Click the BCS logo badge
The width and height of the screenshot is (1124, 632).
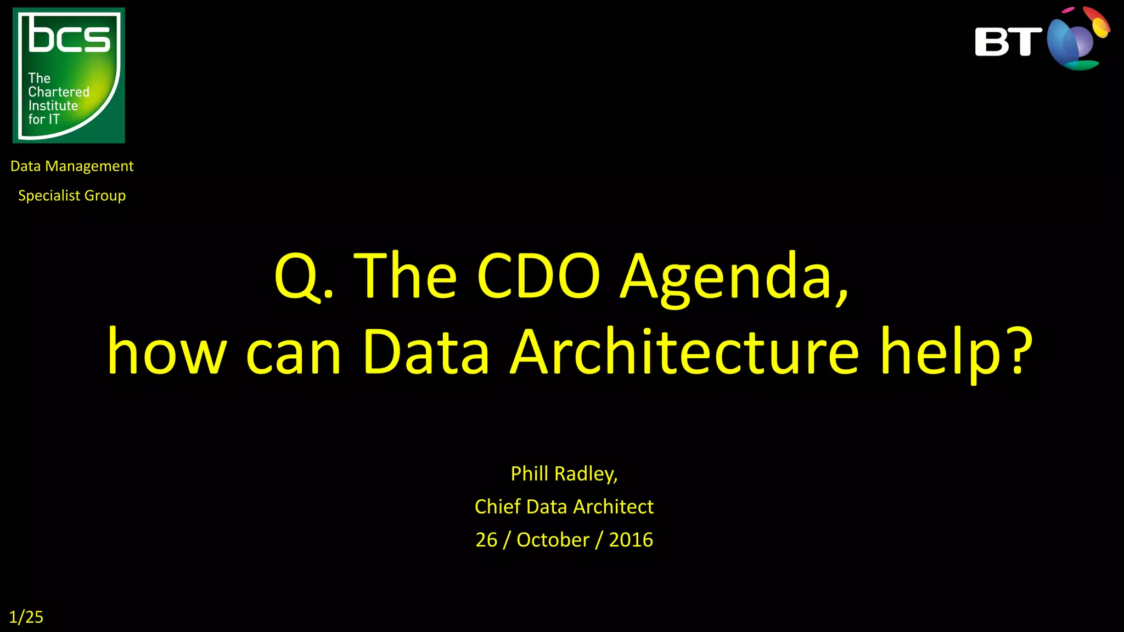point(69,75)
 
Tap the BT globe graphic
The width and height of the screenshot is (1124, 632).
point(1077,39)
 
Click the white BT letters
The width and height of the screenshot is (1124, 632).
point(1008,42)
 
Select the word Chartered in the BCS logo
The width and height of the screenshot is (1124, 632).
point(59,92)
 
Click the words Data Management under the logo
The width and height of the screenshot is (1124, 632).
point(72,166)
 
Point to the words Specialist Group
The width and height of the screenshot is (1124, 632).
point(72,196)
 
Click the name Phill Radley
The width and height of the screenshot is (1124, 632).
point(564,474)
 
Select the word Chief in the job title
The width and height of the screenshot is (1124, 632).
point(497,506)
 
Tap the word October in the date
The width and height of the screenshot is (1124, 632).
point(553,540)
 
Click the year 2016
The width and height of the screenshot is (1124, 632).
point(631,540)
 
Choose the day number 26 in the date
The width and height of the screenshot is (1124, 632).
point(486,540)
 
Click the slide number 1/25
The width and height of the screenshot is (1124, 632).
point(26,617)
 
